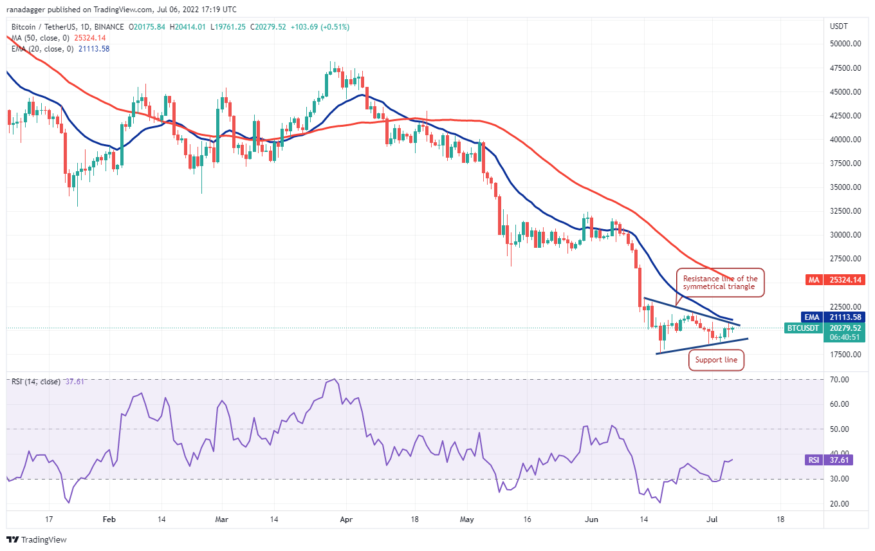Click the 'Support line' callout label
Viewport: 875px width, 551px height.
(x=716, y=360)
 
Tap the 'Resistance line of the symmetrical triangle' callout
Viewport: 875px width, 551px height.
(x=720, y=283)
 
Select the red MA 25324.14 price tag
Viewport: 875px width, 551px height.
(x=835, y=280)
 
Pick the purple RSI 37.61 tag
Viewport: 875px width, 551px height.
(x=829, y=460)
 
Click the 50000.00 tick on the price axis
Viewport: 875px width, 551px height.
(x=845, y=44)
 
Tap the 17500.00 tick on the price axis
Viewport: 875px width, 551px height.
(x=845, y=355)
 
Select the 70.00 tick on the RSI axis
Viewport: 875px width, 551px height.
(x=839, y=379)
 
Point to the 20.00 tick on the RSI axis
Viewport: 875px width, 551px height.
(x=839, y=504)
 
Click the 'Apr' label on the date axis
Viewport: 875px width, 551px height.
(x=346, y=519)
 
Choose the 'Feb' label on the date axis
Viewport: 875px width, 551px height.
(x=109, y=519)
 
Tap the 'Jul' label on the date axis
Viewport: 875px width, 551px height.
(x=712, y=519)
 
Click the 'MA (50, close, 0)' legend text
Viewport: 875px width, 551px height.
(x=41, y=38)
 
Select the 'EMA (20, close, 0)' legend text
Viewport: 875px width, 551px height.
(x=42, y=49)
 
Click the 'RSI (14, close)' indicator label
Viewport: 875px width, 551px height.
(x=36, y=382)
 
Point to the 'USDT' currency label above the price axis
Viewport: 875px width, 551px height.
(x=839, y=26)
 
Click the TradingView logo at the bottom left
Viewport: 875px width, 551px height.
(x=37, y=539)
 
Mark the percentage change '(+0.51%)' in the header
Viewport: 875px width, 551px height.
(x=335, y=27)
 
